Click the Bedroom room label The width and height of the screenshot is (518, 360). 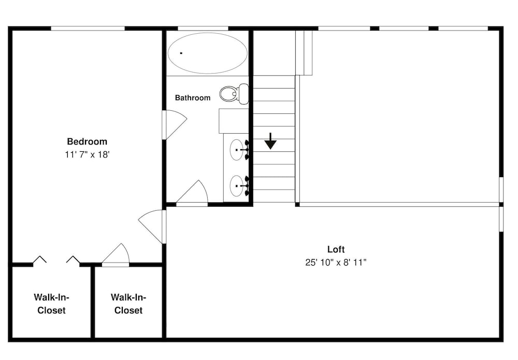pos(87,142)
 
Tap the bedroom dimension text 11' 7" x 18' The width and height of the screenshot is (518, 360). pos(87,154)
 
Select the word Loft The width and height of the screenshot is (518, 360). pos(336,249)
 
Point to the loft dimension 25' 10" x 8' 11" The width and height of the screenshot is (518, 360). pos(336,263)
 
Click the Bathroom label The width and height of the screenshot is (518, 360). pos(193,98)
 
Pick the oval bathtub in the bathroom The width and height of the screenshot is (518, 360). pos(208,53)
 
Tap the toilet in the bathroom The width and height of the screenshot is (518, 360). pos(234,93)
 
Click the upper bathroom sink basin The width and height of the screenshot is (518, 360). pos(237,150)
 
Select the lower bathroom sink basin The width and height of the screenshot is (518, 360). pos(237,186)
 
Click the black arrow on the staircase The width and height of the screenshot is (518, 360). pos(270,141)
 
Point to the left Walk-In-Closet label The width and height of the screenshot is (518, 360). pos(51,304)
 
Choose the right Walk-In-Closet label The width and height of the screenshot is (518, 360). pos(128,304)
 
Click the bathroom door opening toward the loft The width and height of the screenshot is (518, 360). pos(192,193)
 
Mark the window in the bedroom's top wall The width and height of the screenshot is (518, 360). pos(88,28)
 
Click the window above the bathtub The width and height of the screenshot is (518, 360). pos(203,28)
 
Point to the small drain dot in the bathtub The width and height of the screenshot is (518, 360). pos(181,53)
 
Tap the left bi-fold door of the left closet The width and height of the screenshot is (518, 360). pos(40,260)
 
